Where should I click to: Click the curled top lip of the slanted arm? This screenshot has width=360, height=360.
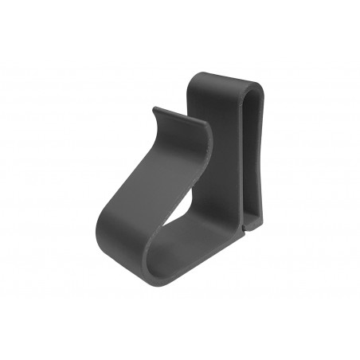pyautogui.click(x=182, y=119)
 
